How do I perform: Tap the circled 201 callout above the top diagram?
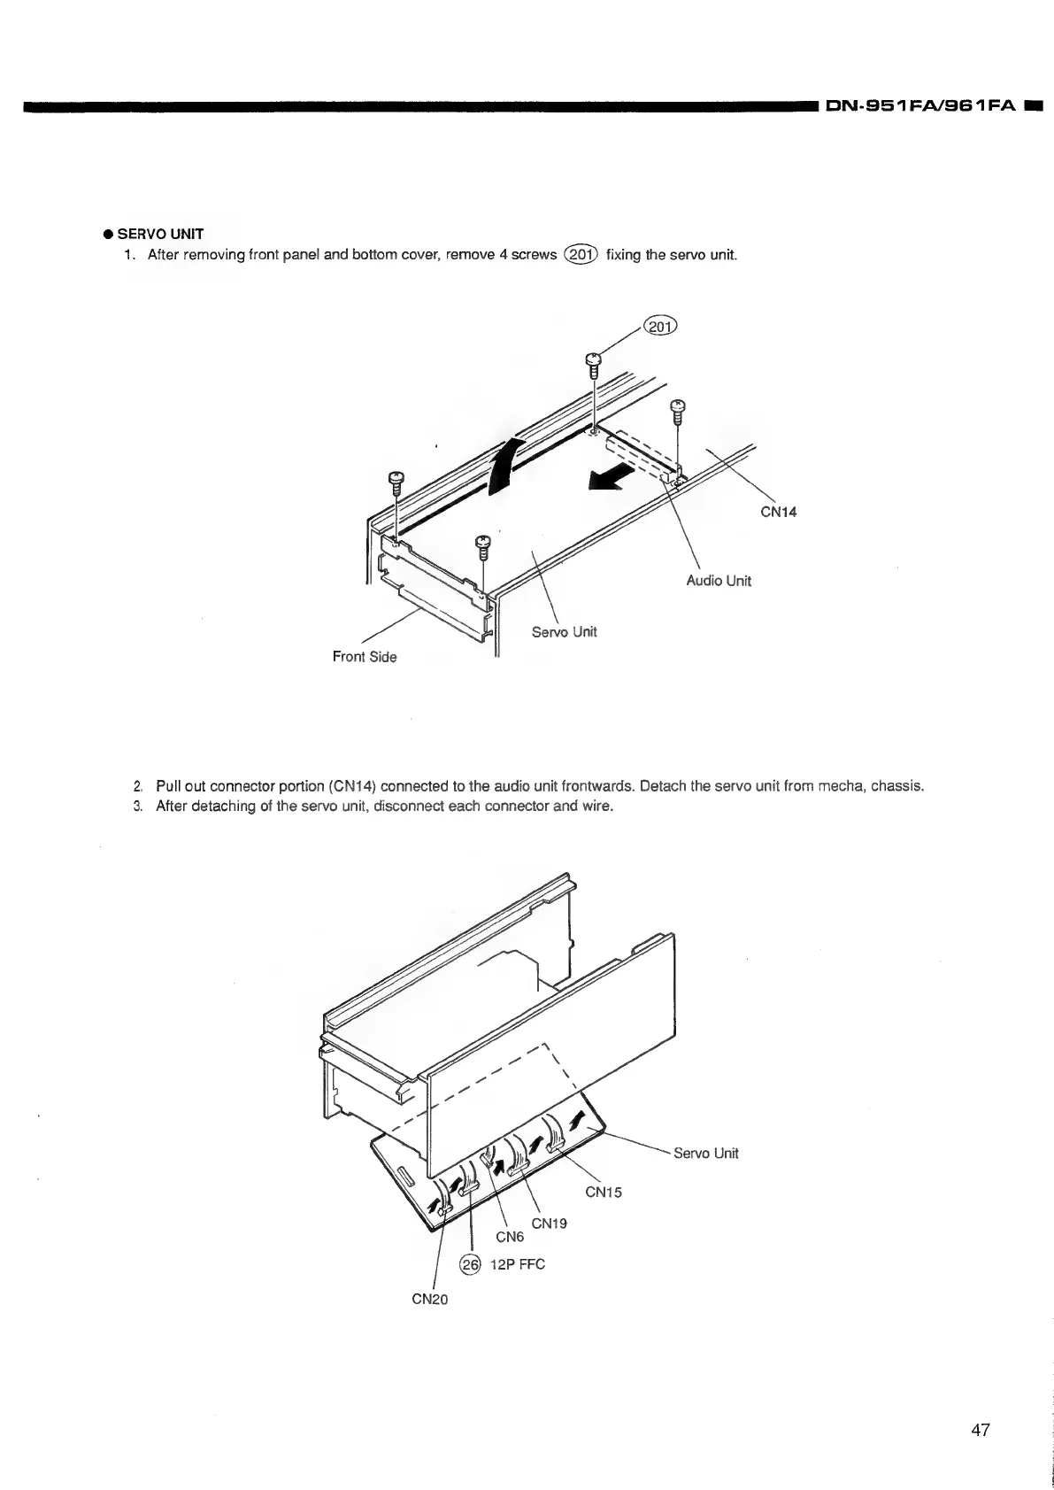pos(659,328)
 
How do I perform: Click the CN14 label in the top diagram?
pos(779,512)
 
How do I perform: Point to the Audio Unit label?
pos(719,582)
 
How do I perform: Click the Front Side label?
pos(365,657)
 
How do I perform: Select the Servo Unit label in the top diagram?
pos(564,632)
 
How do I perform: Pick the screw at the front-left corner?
pos(396,483)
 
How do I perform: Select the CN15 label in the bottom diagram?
pos(604,1192)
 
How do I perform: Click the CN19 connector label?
pos(549,1224)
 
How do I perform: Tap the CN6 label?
pos(510,1237)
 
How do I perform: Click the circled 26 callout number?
pos(469,1263)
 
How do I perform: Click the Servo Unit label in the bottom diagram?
pos(705,1154)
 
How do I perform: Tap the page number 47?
pos(980,1431)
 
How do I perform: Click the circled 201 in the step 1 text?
pos(581,256)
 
